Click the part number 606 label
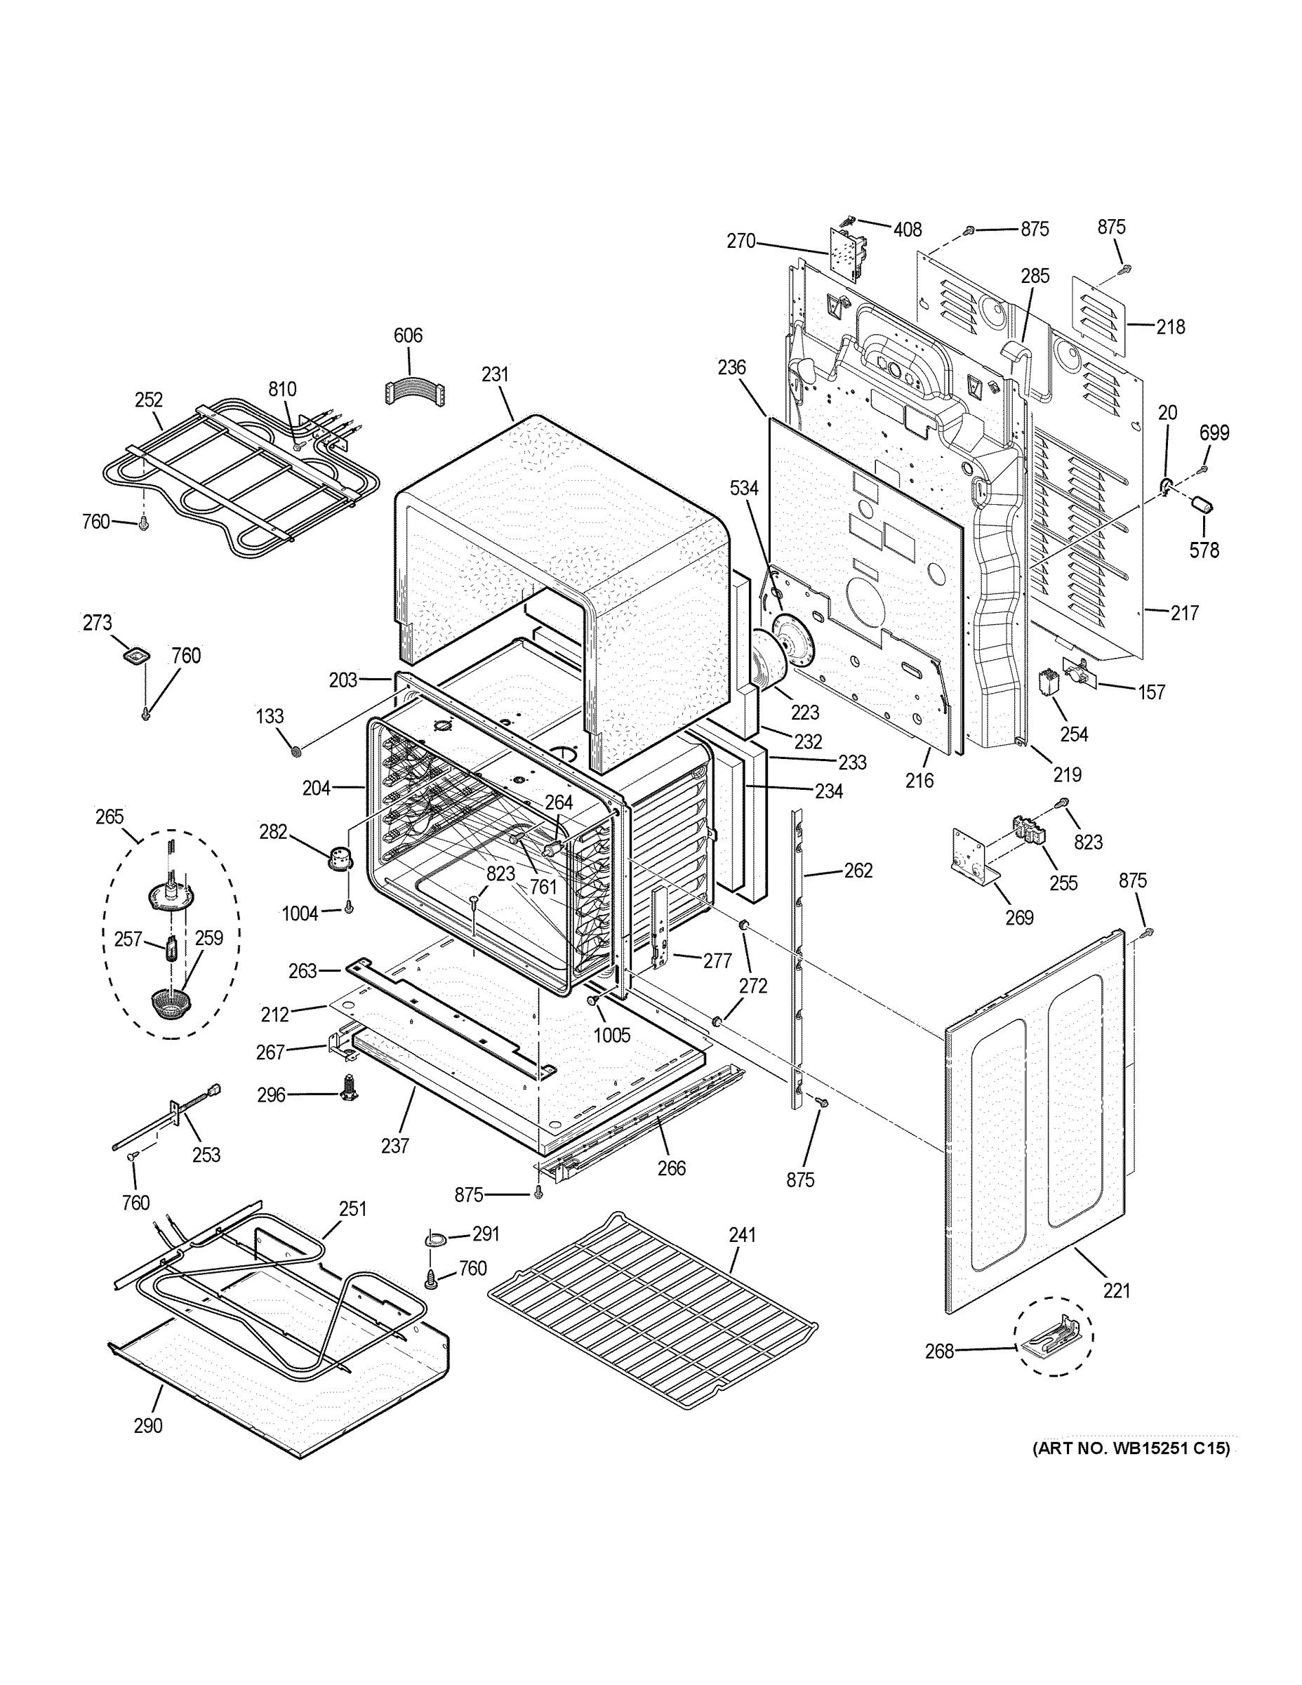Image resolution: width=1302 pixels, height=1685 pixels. click(x=408, y=335)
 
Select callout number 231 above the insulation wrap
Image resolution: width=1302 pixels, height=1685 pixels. click(x=496, y=374)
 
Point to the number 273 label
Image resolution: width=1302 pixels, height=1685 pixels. click(x=97, y=622)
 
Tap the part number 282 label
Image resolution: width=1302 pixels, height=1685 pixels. click(x=273, y=832)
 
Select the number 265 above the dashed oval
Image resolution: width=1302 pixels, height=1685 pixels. click(x=109, y=817)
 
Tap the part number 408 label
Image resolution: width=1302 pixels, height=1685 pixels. click(x=908, y=229)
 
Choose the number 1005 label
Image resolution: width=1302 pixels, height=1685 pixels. click(x=611, y=1035)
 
